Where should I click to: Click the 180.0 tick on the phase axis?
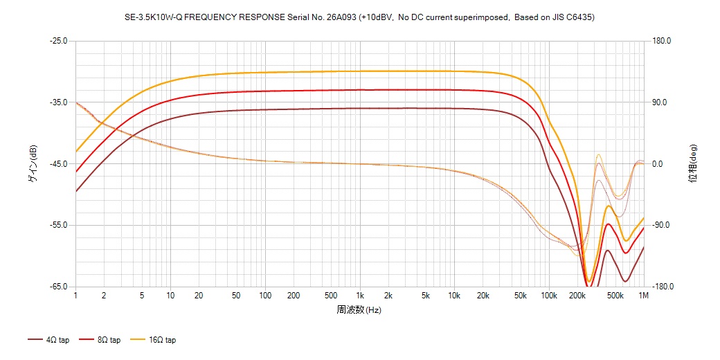(661, 41)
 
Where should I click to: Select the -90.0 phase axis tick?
(661, 226)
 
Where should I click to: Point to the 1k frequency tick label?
(359, 296)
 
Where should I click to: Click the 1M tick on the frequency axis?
(644, 296)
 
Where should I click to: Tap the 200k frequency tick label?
(577, 296)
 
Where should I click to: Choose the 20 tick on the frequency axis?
(199, 296)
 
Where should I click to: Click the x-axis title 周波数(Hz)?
(359, 309)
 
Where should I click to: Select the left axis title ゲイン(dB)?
(32, 164)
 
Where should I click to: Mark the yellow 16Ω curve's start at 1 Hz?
(76, 151)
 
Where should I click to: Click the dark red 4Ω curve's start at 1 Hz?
(76, 191)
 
